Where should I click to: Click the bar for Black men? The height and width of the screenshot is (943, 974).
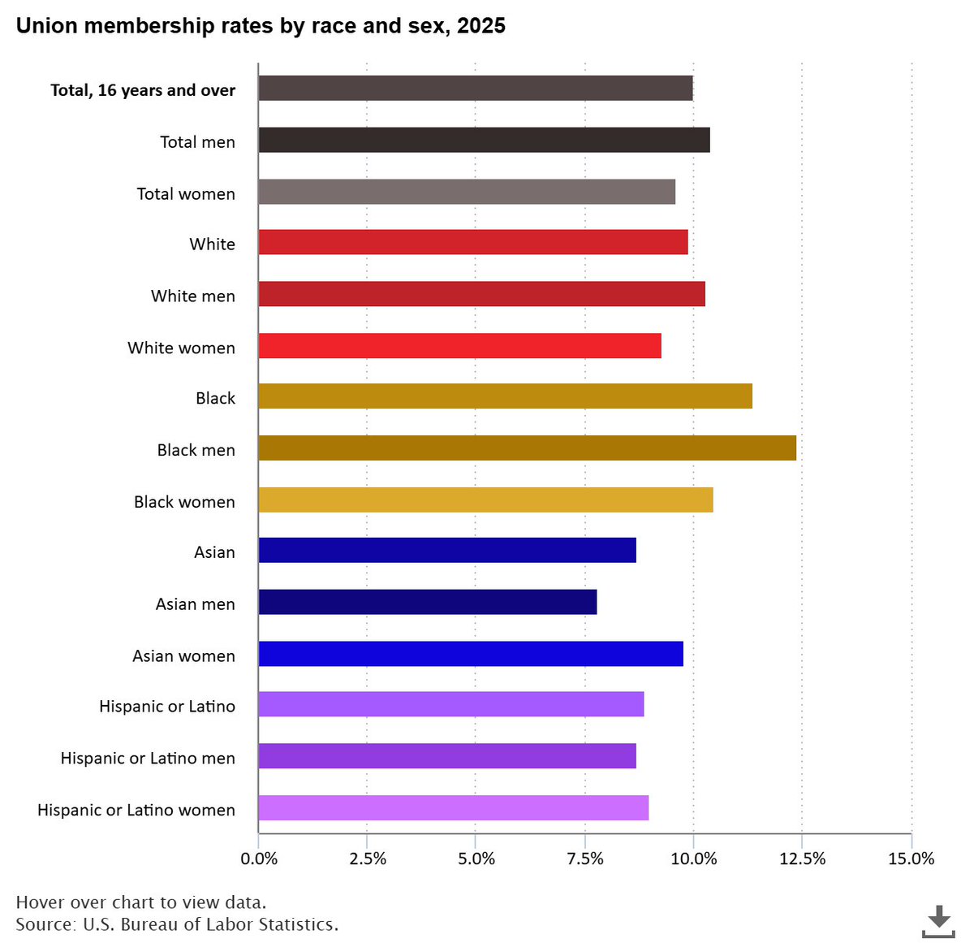(x=527, y=448)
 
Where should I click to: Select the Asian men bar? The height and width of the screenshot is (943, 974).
(x=427, y=602)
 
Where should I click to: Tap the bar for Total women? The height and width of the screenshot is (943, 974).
(x=467, y=192)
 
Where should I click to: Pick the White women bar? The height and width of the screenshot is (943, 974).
(x=459, y=346)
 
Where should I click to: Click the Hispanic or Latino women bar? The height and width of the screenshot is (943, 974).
(x=453, y=808)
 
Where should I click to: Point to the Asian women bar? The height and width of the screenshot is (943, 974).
(x=471, y=654)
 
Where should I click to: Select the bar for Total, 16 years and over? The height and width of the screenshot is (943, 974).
(x=475, y=89)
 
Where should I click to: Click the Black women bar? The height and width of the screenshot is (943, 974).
(x=485, y=500)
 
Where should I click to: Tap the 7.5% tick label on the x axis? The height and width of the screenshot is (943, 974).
(x=584, y=859)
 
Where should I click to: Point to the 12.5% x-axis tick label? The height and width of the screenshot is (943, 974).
(x=802, y=859)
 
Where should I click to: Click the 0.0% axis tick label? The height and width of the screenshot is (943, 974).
(x=259, y=859)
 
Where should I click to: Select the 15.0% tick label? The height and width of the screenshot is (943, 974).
(x=911, y=859)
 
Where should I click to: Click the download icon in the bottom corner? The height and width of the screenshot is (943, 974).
(x=938, y=921)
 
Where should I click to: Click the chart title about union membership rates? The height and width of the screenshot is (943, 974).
(x=261, y=26)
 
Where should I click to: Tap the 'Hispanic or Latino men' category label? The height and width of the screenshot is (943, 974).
(x=148, y=759)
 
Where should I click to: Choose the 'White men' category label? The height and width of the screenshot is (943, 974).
(x=193, y=296)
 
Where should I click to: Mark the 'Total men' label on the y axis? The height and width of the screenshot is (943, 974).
(x=197, y=142)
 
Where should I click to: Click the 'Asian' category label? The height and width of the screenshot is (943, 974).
(x=214, y=552)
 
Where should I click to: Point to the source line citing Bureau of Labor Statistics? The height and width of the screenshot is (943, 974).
(x=177, y=924)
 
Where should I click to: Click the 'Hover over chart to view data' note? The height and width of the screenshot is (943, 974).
(x=140, y=902)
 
